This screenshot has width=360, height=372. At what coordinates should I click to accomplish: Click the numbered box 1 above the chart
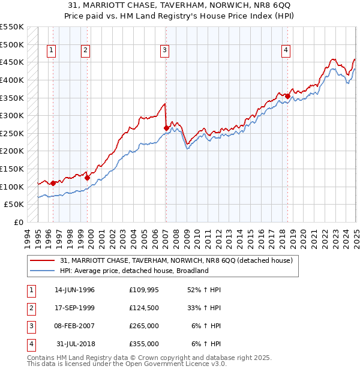[52, 51]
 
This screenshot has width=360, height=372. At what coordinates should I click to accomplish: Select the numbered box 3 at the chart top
[164, 51]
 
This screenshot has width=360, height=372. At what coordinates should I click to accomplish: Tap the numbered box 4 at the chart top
[286, 51]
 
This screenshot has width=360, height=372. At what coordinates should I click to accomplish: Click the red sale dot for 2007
[166, 128]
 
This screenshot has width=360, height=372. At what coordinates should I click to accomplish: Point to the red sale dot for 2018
[288, 96]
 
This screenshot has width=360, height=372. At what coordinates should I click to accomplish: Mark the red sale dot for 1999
[88, 178]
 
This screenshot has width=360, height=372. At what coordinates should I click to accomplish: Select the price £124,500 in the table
[143, 308]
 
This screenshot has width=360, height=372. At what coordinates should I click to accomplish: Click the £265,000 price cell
[143, 326]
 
